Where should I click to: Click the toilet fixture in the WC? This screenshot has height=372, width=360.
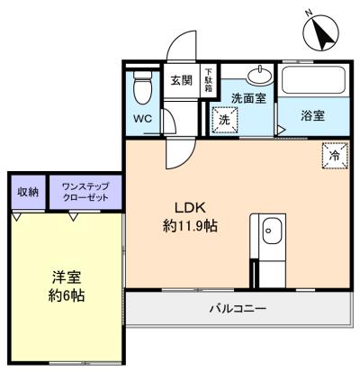tap(142, 87)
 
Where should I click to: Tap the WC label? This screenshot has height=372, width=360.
tap(143, 119)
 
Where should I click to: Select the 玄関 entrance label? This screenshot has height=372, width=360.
tap(182, 80)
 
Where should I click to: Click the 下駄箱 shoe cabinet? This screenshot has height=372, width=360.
tap(208, 80)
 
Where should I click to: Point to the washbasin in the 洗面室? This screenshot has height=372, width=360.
tap(260, 74)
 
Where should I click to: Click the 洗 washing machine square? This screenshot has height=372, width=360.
tap(225, 120)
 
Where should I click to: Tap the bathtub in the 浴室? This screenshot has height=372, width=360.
tap(313, 80)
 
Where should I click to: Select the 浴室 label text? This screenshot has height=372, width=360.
tap(313, 115)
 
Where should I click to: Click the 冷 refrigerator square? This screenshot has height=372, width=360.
tap(335, 156)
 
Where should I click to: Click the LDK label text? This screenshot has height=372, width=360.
tap(190, 207)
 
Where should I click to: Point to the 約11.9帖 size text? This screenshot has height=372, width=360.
tap(190, 225)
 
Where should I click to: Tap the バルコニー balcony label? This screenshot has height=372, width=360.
tap(238, 308)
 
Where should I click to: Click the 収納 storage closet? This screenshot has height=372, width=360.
tap(29, 192)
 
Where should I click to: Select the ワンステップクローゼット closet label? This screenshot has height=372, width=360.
tap(85, 192)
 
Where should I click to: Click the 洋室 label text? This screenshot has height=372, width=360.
tap(67, 277)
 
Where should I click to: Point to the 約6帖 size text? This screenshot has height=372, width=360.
tap(67, 295)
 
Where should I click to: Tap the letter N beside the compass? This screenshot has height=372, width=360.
tap(309, 13)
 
